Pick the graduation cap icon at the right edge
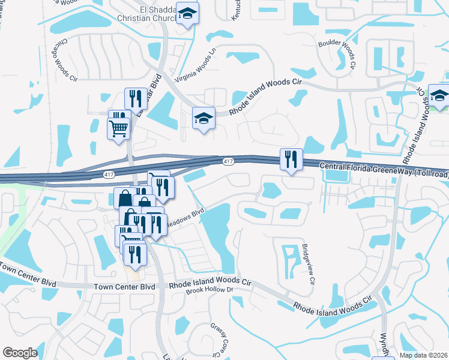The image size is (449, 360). click(439, 96)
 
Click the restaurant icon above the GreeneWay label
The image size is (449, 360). click(291, 159)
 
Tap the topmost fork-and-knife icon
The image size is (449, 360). click(136, 98)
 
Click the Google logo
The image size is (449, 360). click(20, 353)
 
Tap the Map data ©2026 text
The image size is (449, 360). click(423, 355)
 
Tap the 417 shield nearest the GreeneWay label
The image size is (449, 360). click(228, 161)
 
